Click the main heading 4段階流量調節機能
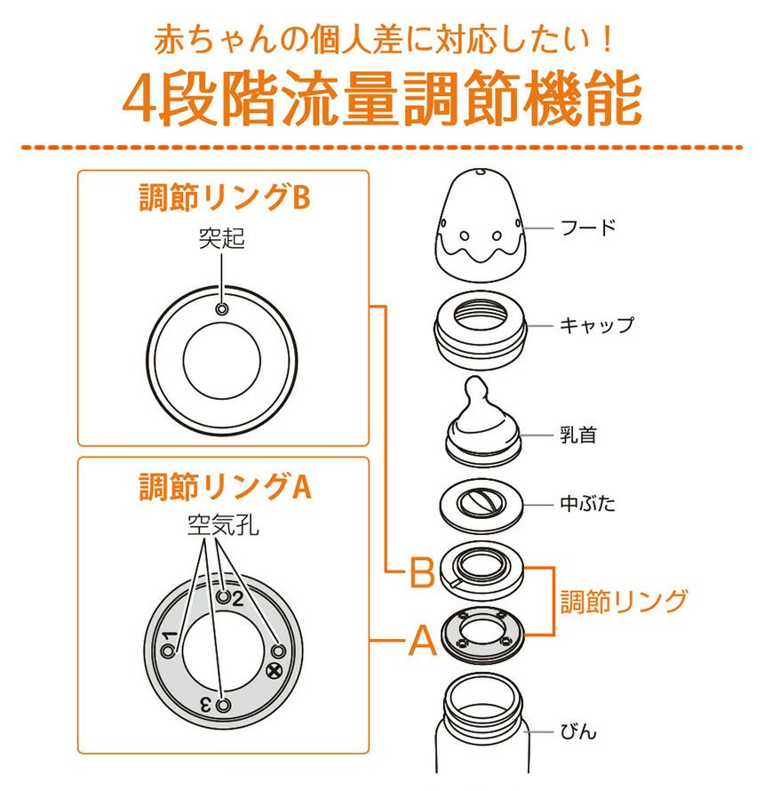pyautogui.click(x=382, y=98)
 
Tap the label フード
pyautogui.click(x=588, y=228)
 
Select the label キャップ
pyautogui.click(x=597, y=325)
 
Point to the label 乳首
pyautogui.click(x=578, y=435)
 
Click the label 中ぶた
pyautogui.click(x=587, y=503)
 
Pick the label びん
pyautogui.click(x=578, y=731)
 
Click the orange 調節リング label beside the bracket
pyautogui.click(x=625, y=602)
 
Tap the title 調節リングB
pyautogui.click(x=225, y=196)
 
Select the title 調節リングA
pyautogui.click(x=225, y=486)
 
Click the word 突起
pyautogui.click(x=221, y=238)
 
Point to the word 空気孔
pyautogui.click(x=222, y=524)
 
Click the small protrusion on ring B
pyautogui.click(x=222, y=308)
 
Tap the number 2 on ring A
pyautogui.click(x=237, y=599)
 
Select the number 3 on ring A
pyautogui.click(x=205, y=704)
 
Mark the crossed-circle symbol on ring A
pyautogui.click(x=274, y=671)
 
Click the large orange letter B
pyautogui.click(x=422, y=571)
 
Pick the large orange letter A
pyautogui.click(x=423, y=640)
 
